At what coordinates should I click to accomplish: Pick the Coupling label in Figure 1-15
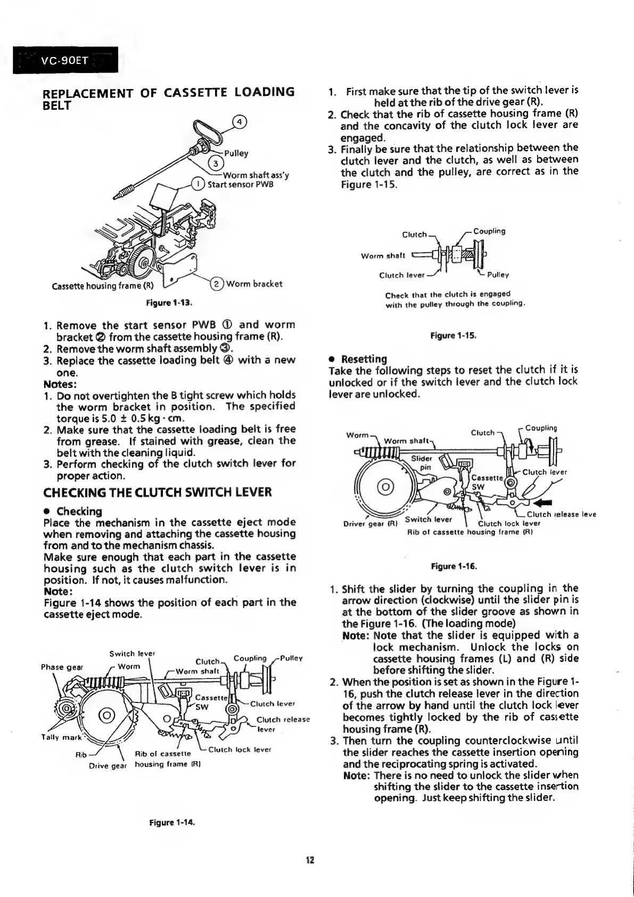click(489, 231)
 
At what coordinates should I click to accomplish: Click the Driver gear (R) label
click(372, 523)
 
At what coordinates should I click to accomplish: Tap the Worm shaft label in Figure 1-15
click(383, 256)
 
